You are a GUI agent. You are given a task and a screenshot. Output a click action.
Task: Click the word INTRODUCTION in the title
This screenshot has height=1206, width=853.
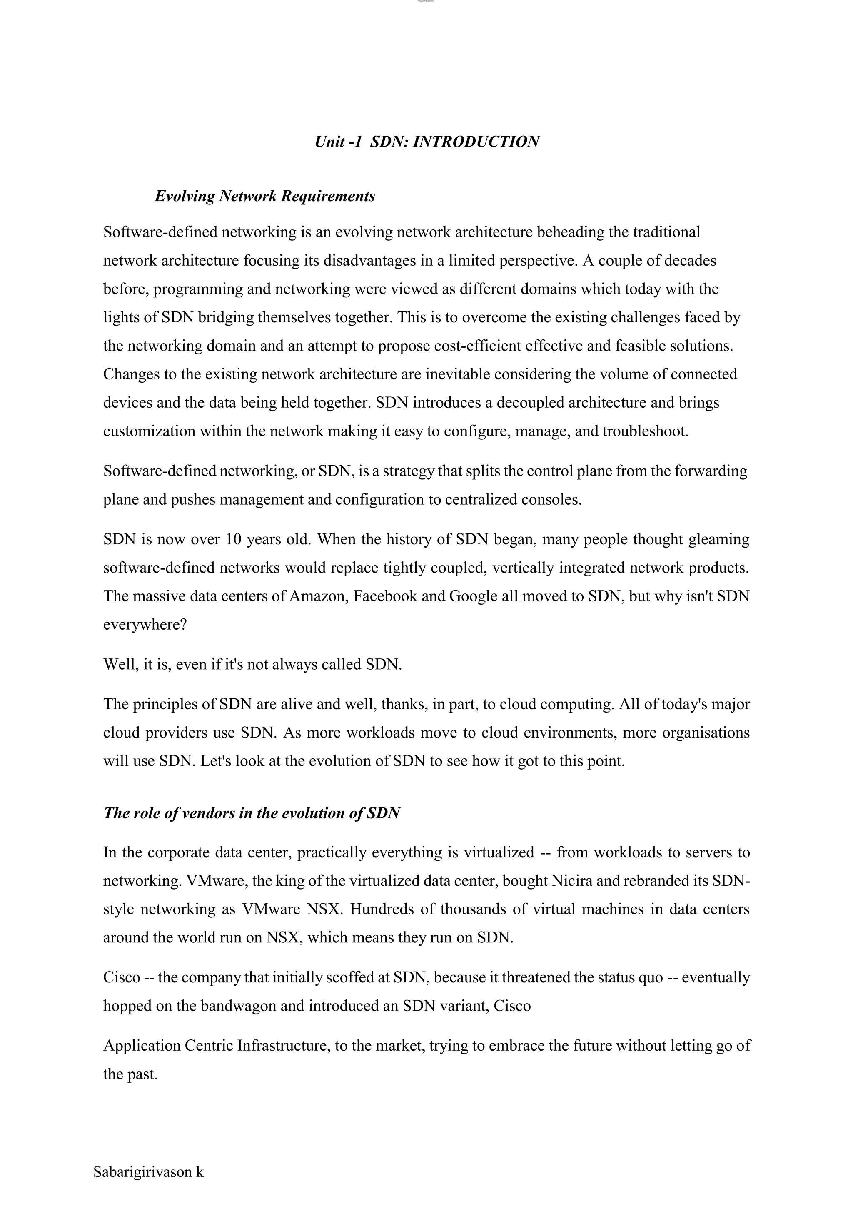(476, 142)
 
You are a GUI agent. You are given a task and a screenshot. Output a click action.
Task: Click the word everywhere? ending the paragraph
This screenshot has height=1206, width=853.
(145, 625)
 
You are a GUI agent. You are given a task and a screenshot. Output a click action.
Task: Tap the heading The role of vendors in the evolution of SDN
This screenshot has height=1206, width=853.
(252, 813)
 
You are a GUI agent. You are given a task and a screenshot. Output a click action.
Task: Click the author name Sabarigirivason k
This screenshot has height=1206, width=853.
(148, 1172)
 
